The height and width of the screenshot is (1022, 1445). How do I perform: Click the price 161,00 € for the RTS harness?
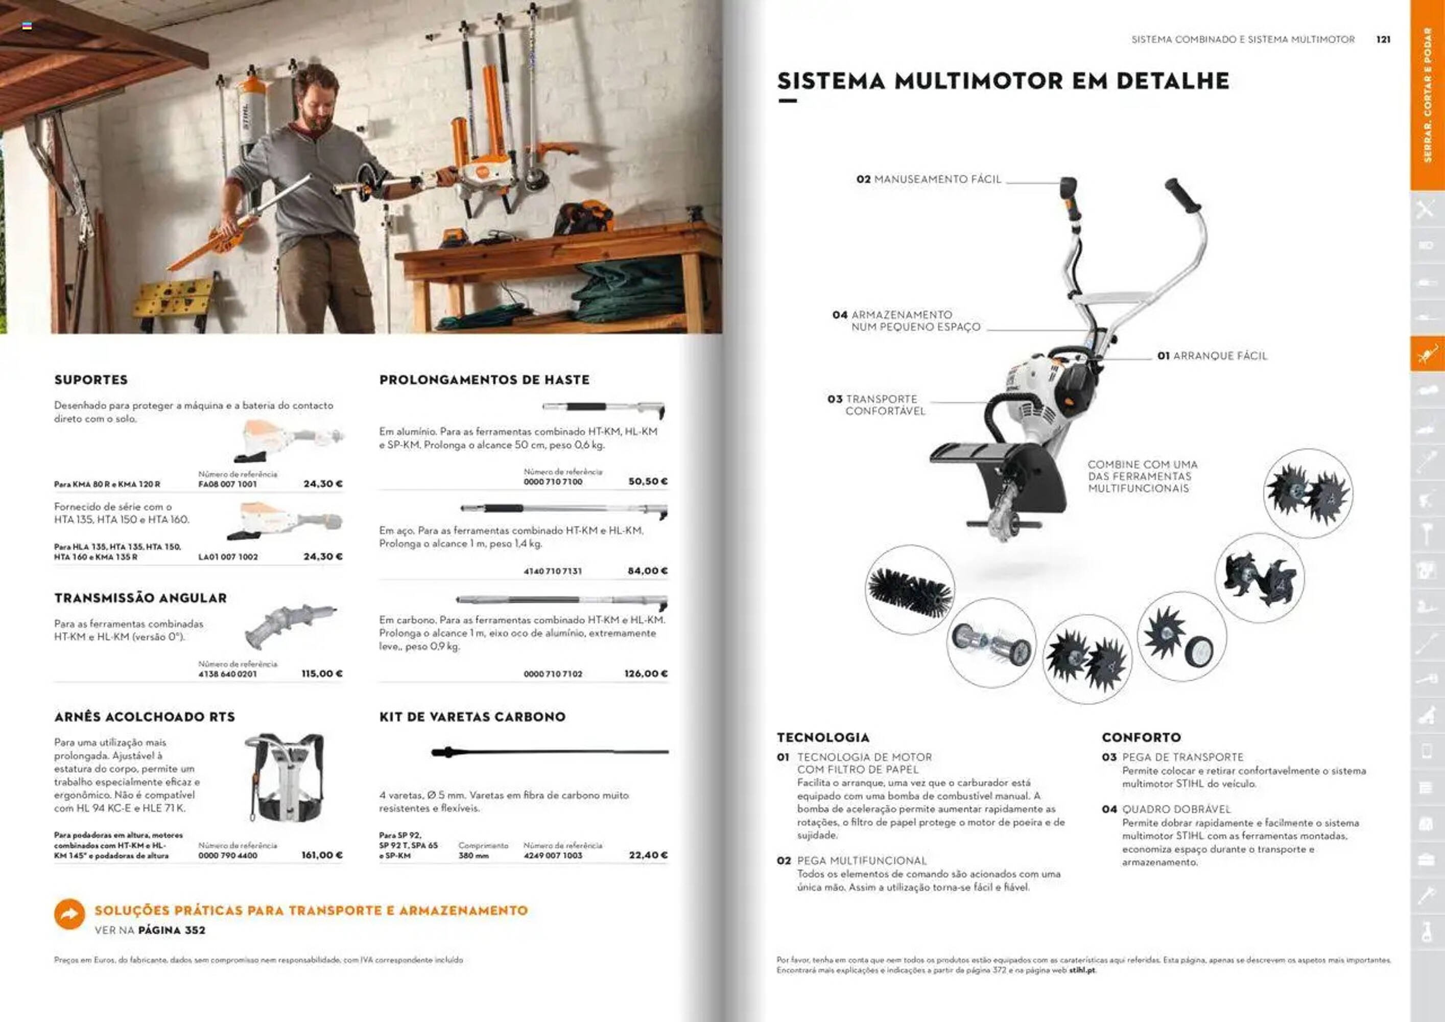click(x=322, y=855)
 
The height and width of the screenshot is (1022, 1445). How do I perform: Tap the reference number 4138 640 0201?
click(x=228, y=674)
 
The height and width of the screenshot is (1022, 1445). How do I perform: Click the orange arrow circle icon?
click(x=69, y=914)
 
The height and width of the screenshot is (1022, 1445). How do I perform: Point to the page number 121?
click(x=1383, y=39)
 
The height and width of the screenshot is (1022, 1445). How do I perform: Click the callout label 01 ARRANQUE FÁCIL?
click(x=1212, y=356)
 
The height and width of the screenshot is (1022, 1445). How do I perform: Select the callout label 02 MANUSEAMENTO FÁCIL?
click(x=928, y=179)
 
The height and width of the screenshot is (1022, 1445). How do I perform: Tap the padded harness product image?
click(x=284, y=778)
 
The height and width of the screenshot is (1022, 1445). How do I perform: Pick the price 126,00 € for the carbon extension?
click(x=646, y=674)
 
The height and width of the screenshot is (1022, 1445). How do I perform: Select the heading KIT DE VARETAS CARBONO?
click(x=472, y=716)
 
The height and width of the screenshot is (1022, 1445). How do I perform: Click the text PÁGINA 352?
click(x=171, y=930)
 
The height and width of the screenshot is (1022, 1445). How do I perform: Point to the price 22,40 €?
click(x=648, y=855)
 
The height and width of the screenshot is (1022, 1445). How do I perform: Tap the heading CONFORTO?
click(x=1141, y=737)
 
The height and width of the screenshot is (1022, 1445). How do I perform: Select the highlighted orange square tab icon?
click(x=1427, y=354)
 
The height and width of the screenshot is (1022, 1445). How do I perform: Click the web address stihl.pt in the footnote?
click(x=1082, y=970)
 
